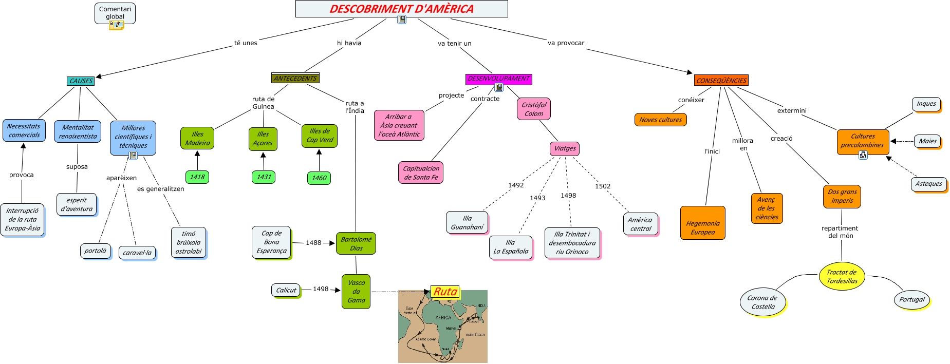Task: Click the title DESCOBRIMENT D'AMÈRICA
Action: point(401,9)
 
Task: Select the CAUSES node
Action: point(81,81)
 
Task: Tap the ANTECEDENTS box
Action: point(295,79)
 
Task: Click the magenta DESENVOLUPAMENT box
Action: point(498,79)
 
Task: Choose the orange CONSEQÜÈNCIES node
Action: point(721,81)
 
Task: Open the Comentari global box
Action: point(115,13)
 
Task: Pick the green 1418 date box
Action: point(197,177)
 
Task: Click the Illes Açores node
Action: point(263,139)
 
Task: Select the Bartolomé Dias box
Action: point(356,243)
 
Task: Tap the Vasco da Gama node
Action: point(356,292)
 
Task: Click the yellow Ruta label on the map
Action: point(445,292)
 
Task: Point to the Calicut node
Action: point(286,291)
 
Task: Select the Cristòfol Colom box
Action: point(534,109)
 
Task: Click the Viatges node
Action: point(565,148)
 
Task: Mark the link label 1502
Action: point(603,186)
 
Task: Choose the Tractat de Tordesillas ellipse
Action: point(842,277)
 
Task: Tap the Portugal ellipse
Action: point(911,300)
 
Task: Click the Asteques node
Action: point(928,184)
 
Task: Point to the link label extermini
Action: point(791,111)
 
